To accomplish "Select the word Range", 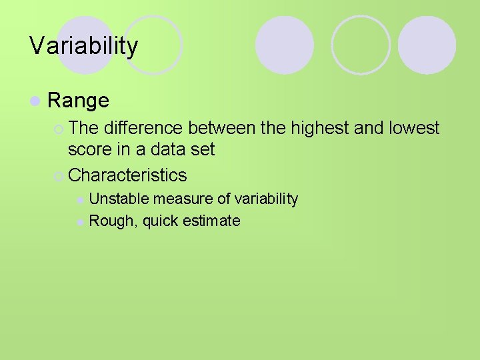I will click(78, 101).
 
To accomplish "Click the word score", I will click(91, 149).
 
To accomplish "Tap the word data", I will click(165, 149).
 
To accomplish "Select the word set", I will click(202, 149).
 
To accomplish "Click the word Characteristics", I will click(127, 175).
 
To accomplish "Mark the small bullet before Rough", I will click(80, 222).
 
